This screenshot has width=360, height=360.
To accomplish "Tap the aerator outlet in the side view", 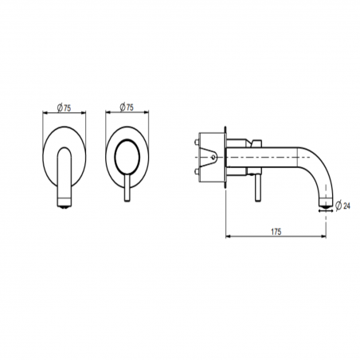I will [323, 211].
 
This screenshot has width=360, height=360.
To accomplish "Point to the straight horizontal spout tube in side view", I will [275, 156].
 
